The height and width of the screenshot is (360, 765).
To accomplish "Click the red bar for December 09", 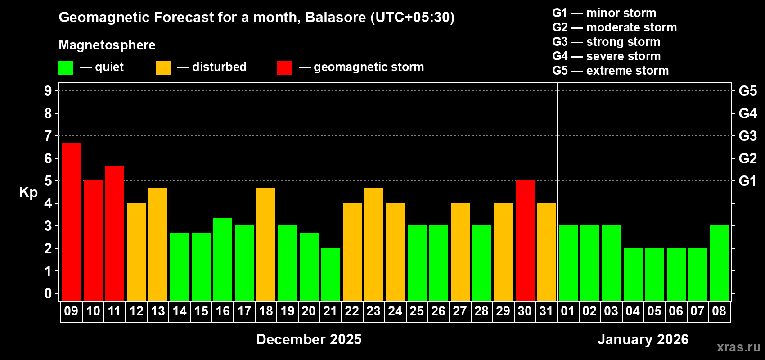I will (72, 221).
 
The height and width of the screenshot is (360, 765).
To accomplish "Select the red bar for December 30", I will (525, 240).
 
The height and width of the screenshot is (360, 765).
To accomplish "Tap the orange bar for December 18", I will (266, 244).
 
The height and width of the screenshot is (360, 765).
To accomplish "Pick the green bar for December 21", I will (331, 274).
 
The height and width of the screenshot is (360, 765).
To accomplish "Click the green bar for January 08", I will (720, 263).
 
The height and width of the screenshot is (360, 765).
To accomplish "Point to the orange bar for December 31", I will (547, 252).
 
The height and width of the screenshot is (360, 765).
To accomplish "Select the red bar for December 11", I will (115, 233).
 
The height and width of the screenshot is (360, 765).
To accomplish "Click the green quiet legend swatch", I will (66, 68).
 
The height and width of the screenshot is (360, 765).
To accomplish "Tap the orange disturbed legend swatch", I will (163, 68).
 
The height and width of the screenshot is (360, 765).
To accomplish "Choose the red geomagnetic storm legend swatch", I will (284, 68).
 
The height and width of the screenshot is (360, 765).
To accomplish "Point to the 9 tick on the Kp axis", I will (48, 91).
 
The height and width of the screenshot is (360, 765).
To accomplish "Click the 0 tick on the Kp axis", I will (48, 294).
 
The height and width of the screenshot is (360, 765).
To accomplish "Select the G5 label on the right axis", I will (747, 91).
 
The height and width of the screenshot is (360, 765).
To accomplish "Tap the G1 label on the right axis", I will (747, 181).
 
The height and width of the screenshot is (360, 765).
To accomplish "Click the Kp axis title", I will (28, 192).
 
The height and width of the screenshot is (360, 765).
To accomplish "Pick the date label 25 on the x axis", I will (417, 311).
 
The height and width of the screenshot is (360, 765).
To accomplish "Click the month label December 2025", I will (309, 339).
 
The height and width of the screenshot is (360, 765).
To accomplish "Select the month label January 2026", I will (643, 339).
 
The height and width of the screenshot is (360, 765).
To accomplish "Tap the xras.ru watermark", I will (738, 347).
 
